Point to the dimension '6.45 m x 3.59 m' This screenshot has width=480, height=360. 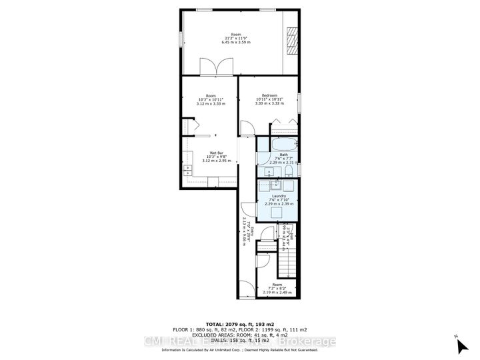point(235,42)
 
